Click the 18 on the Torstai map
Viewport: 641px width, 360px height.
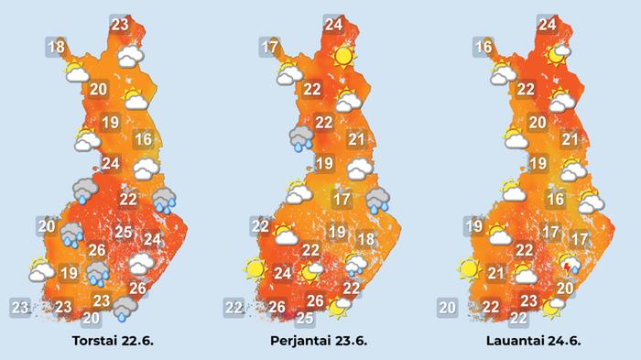(56, 47)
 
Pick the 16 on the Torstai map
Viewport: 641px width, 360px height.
(142, 140)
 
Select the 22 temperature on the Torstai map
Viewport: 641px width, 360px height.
(128, 199)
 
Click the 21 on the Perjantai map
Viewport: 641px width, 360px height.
(356, 140)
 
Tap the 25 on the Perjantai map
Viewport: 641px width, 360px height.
(305, 318)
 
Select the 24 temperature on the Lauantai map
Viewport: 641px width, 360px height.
(548, 25)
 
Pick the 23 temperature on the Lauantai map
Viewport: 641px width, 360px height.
(529, 300)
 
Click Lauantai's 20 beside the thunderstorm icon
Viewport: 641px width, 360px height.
(565, 288)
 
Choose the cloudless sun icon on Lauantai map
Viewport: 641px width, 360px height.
(470, 269)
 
